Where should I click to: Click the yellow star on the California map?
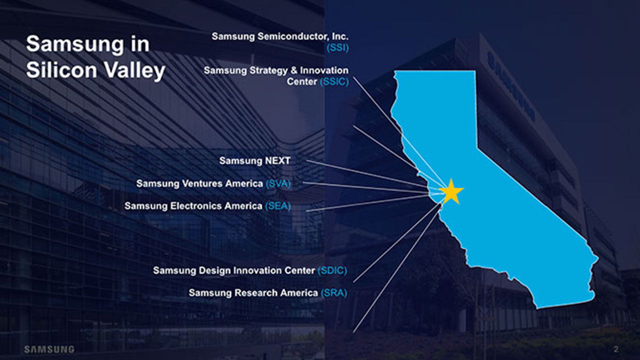[x=451, y=191]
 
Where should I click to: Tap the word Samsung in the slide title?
[x=75, y=44]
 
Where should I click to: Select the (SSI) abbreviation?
[x=337, y=47]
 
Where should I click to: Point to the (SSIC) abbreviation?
[x=334, y=81]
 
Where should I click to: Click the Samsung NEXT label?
[x=255, y=160]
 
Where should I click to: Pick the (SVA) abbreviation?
[x=278, y=183]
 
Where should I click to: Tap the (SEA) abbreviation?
[x=277, y=206]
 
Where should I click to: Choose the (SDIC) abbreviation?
[x=332, y=270]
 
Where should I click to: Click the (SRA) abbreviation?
[x=333, y=293]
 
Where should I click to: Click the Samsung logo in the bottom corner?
[x=49, y=349]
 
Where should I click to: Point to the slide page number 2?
[x=616, y=349]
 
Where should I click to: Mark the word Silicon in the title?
[x=61, y=70]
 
